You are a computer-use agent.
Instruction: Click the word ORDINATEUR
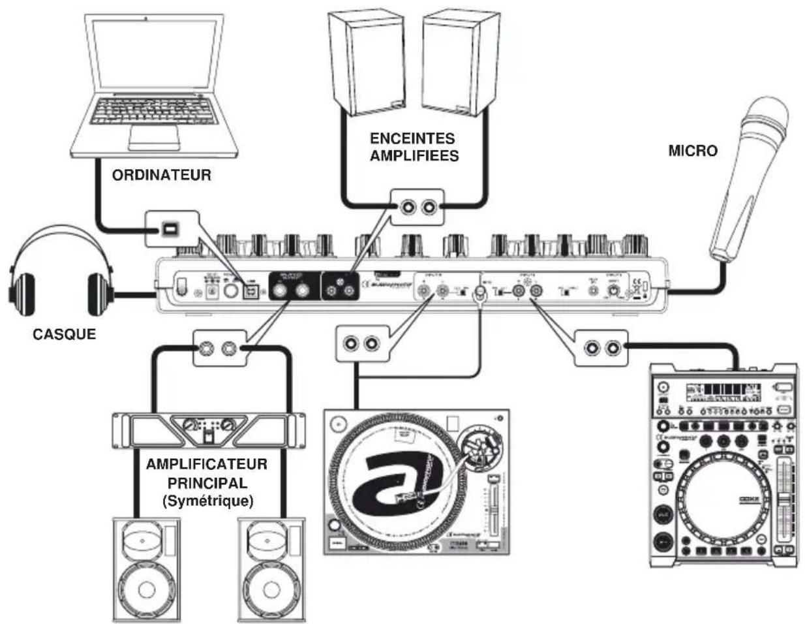[161, 175]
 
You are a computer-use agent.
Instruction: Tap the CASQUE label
[64, 334]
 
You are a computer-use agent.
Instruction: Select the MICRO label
[692, 151]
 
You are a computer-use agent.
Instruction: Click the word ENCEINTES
[412, 138]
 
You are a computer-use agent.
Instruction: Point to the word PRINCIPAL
[207, 484]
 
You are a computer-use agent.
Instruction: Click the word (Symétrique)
[207, 501]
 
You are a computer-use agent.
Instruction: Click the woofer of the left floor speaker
[145, 589]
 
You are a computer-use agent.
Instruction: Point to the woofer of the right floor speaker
[270, 589]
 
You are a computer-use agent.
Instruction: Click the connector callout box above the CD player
[600, 347]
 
